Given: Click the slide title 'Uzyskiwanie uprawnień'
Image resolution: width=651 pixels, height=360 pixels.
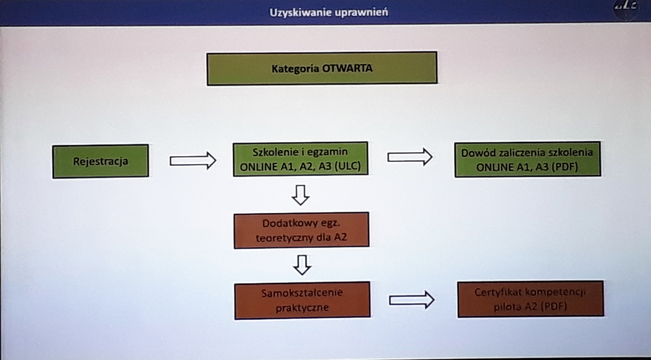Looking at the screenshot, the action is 329,12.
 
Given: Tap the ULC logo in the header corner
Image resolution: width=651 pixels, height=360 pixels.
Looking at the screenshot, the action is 626,8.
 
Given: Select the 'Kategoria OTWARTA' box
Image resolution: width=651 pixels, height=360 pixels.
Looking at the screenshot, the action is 322,68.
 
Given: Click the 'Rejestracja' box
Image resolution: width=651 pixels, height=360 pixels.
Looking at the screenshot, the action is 100,161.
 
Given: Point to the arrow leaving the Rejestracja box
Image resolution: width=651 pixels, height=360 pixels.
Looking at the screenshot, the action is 193,160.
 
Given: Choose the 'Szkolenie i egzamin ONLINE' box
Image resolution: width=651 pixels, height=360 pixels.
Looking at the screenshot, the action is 301,159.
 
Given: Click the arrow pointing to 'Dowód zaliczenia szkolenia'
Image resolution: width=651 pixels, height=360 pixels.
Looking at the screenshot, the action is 410,157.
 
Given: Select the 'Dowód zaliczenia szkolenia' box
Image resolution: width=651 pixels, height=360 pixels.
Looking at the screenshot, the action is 528,159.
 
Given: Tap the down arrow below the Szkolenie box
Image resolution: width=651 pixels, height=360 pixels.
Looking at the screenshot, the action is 301,195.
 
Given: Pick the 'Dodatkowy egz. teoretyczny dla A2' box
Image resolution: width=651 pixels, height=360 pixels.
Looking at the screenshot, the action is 302,230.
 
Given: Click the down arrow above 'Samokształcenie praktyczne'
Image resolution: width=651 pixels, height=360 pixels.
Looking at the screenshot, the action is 302,265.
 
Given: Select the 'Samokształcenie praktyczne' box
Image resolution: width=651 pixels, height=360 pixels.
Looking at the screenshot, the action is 302,300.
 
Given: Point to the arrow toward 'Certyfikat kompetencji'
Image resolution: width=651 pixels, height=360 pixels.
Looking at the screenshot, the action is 412,300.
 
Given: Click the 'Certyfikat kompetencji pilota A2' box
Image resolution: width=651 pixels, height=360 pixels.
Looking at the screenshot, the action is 531,299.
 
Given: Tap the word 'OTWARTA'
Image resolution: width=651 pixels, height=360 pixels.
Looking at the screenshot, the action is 347,68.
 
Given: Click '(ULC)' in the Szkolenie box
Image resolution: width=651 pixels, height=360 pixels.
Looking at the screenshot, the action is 348,166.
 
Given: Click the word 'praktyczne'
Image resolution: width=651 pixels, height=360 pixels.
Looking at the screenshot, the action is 302,308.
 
